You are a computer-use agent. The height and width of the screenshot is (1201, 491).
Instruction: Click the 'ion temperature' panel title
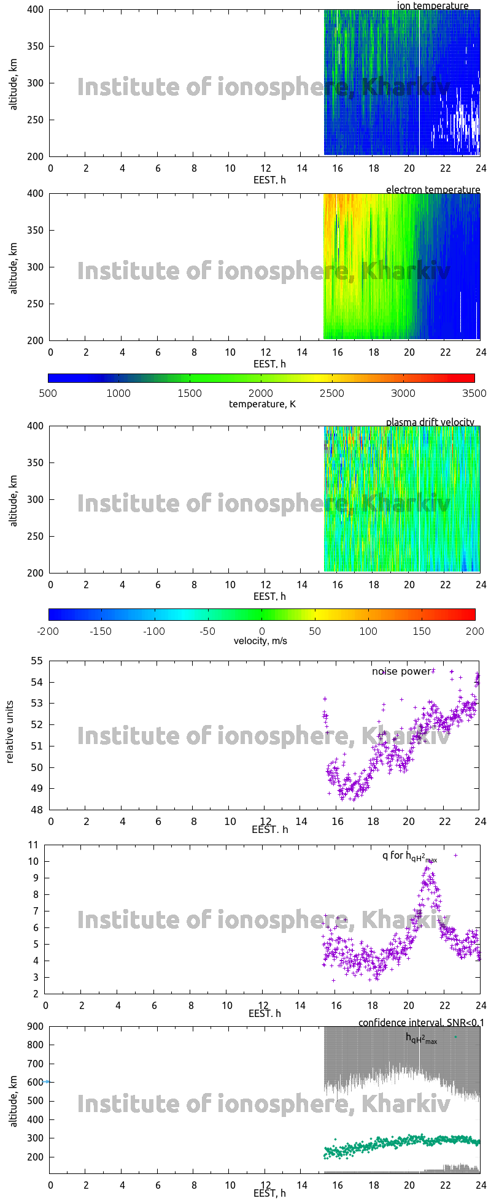pos(433,6)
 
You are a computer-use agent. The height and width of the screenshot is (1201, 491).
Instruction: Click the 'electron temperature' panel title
pos(433,190)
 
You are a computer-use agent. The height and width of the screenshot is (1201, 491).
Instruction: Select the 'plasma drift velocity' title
pos(430,422)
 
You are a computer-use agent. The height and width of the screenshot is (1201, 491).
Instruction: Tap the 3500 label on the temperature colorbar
pos(474,393)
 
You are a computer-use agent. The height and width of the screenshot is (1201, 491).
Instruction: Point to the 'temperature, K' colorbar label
pos(262,404)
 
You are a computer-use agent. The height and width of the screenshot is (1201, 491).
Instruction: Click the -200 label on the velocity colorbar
pos(48,631)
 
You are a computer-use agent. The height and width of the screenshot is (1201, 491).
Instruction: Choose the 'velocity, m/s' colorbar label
pos(260,641)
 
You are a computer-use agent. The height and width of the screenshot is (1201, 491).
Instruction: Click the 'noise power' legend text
pos(401,672)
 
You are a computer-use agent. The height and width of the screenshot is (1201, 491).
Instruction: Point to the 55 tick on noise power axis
pos(37,661)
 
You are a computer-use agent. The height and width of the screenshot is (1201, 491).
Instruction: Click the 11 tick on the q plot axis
pos(34,845)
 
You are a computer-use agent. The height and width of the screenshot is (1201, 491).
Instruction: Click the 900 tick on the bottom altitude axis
pos(35,1027)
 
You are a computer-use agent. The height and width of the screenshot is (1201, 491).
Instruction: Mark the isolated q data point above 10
pos(455,855)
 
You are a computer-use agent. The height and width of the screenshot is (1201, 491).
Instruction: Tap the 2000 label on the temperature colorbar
pos(261,393)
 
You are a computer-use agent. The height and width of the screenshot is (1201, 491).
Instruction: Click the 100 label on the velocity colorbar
pos(368,631)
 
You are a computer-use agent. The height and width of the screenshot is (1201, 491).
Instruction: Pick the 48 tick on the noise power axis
pos(37,810)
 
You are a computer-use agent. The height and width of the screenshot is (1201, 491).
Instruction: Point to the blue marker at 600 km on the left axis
pos(47,1082)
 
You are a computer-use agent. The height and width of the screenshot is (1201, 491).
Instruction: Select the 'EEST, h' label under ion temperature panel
pos(269,180)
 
